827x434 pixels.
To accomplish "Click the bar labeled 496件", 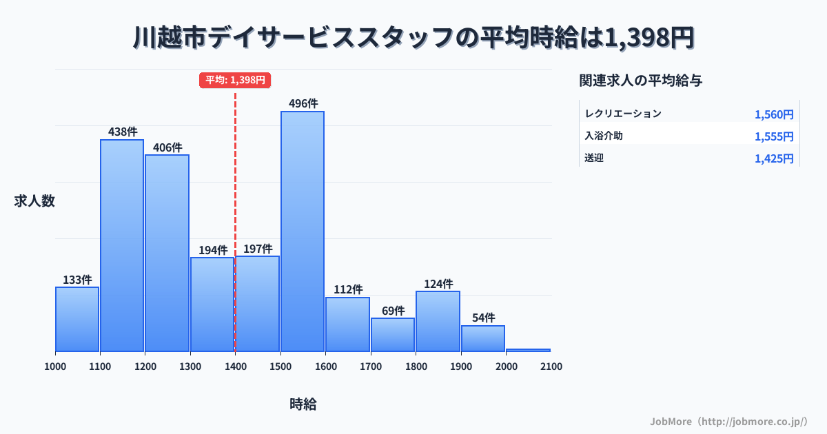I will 303,231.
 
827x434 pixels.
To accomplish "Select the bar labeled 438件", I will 122,245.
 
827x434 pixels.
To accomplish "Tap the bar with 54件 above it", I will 483,338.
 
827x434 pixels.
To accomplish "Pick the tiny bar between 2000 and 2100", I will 529,350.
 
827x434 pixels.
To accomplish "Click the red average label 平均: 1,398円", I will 235,80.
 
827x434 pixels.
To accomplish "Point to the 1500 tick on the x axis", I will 280,366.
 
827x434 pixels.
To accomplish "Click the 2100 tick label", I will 551,366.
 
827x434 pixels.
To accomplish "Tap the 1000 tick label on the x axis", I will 55,366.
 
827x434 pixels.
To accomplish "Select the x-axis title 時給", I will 303,404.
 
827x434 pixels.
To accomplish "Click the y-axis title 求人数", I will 34,201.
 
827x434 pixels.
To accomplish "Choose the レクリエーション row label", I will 622,114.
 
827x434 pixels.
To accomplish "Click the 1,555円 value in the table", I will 774,136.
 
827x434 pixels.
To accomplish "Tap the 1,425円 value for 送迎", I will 774,158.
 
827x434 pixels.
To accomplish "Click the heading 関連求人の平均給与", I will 641,80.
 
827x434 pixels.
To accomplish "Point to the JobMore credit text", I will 728,421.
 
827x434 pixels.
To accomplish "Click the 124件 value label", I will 438,284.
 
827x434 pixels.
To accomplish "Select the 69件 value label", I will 393,311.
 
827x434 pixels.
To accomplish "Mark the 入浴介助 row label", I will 604,136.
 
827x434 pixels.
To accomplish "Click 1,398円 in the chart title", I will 649,38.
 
